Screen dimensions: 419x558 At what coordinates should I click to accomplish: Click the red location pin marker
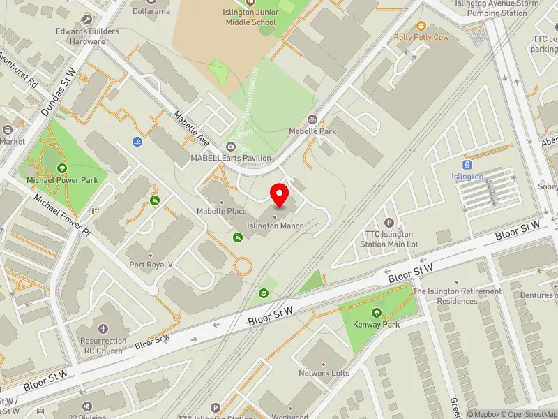point(280,195)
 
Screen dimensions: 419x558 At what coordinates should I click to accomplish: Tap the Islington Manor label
point(275,226)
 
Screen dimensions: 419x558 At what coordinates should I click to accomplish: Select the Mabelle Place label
point(222,211)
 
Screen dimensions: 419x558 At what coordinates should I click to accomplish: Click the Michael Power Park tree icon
point(62,168)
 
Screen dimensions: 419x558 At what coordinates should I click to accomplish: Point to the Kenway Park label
point(377,325)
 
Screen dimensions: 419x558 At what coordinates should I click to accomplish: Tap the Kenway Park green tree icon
point(377,313)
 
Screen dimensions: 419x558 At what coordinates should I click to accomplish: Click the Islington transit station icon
point(467,165)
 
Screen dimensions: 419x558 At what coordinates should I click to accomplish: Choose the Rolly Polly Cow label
point(421,37)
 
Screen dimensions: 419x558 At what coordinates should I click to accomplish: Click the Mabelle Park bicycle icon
point(312,119)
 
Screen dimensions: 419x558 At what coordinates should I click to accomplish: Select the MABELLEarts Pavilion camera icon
point(231,146)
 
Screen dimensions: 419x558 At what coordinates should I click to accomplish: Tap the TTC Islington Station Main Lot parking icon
point(389,222)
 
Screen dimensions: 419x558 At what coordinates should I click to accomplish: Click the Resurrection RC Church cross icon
point(103,329)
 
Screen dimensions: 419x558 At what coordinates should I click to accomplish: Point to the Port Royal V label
point(151,265)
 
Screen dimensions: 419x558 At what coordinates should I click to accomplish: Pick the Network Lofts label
point(324,373)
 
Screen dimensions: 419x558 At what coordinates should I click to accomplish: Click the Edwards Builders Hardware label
point(88,36)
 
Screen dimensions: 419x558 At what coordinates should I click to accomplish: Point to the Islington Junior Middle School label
point(250,17)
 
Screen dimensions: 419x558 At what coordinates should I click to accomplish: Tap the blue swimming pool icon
point(138,142)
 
